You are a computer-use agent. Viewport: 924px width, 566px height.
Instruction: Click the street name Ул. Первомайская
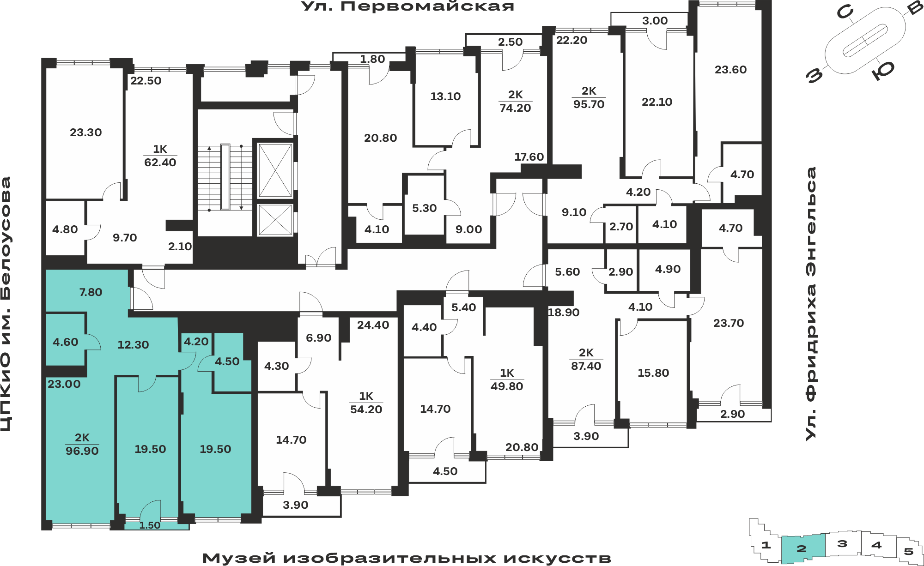coord(407,6)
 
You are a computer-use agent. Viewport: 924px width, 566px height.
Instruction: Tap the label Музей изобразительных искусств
coord(407,558)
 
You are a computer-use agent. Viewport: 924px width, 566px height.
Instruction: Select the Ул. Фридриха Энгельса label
coord(811,303)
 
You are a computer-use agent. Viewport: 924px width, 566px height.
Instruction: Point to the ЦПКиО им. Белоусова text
coord(6,304)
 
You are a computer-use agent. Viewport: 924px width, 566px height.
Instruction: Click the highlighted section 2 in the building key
coord(802,549)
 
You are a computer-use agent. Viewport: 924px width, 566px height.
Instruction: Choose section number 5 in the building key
coord(908,551)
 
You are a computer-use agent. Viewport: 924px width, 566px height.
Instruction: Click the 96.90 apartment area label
coord(82,451)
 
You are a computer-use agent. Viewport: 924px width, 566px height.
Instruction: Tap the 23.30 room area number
coord(86,132)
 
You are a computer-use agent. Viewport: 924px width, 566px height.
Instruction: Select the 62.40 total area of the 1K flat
coord(160,163)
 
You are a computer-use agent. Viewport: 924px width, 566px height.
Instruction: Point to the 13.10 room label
coord(445,96)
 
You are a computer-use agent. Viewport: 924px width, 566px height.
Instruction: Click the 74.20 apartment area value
coord(515,108)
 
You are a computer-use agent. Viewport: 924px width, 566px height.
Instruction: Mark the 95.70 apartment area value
coord(589,104)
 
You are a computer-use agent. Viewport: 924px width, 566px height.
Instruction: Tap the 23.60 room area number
coord(730,70)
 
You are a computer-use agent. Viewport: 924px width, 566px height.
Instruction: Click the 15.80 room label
coord(653,373)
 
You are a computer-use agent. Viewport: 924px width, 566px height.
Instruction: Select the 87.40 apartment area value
coord(586,366)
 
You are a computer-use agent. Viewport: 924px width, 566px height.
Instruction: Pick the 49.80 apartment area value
coord(507,386)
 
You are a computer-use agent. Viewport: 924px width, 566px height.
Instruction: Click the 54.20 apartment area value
coord(366,409)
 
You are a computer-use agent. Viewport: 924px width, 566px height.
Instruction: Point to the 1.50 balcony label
coord(150,525)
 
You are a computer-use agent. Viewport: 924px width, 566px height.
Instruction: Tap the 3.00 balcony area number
coord(655,21)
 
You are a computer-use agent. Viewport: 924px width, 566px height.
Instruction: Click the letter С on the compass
coord(845,12)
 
